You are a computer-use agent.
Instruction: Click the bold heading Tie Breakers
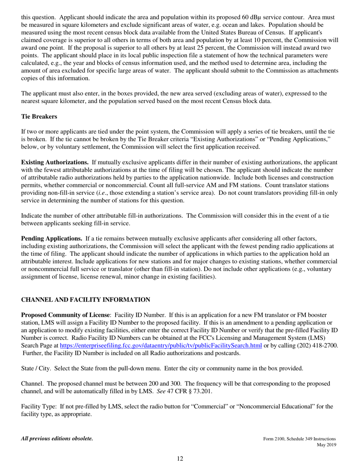pos(39,117)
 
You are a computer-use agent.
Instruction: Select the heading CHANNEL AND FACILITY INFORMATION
pos(85,300)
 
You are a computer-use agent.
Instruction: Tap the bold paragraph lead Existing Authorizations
pos(55,162)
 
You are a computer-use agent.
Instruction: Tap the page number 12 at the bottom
pos(180,459)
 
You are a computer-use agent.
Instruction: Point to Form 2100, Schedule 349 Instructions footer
pos(299,439)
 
